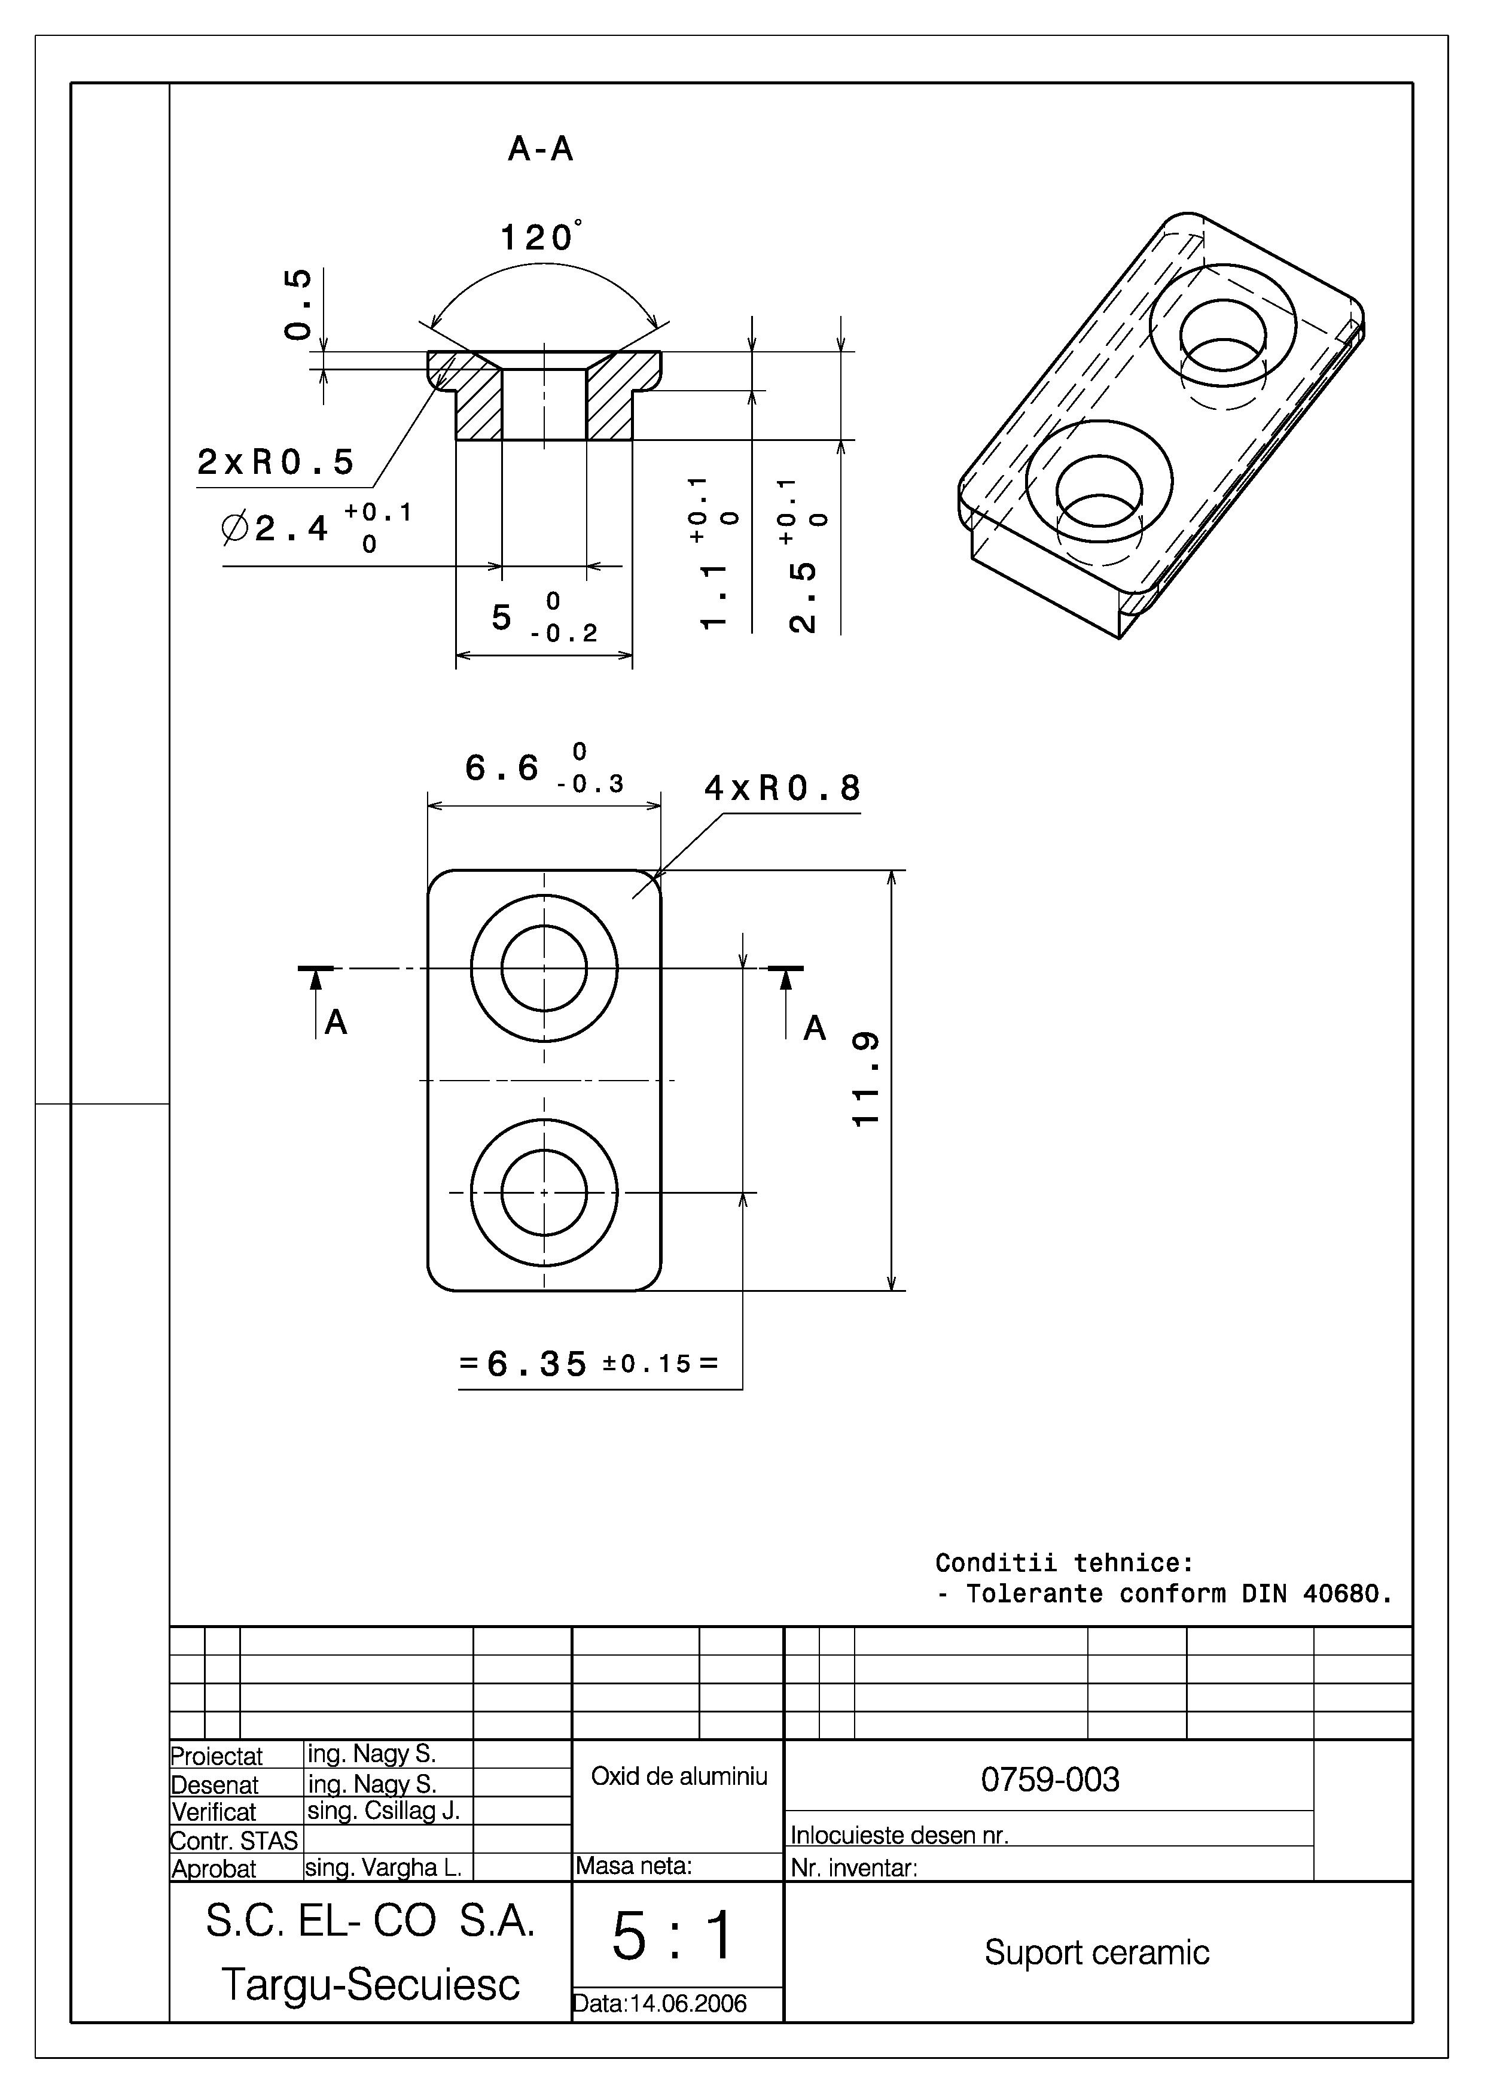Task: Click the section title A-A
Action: [541, 149]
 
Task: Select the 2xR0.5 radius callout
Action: [275, 463]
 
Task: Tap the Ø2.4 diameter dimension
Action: [291, 528]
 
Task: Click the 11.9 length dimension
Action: [865, 1079]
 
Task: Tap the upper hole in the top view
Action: [544, 968]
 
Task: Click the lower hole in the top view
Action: [544, 1193]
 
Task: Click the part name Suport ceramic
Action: [1096, 1952]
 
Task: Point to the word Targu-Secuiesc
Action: [370, 1985]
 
